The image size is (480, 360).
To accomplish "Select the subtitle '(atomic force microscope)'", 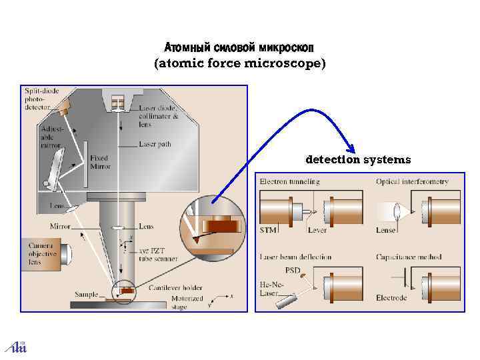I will point(240,64).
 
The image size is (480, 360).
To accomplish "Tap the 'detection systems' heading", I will point(358,160).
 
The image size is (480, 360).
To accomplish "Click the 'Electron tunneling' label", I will point(289,181).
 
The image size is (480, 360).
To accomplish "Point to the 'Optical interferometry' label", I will point(412,181).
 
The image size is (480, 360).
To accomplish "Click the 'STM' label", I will point(267,230).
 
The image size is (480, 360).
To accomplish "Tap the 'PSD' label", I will point(293,270).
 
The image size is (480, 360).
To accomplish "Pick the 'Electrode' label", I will point(391,297).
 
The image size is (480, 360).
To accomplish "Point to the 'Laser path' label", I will point(155,144).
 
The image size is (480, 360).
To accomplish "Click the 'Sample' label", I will point(86,294).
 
